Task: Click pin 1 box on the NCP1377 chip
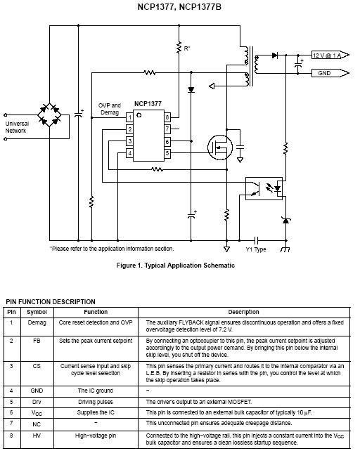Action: (x=129, y=117)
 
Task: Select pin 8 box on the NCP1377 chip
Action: (x=167, y=117)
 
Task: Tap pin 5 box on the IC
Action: (x=167, y=153)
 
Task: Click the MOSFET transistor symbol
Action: (x=220, y=148)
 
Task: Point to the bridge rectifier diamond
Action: (x=49, y=115)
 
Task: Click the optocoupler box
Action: (x=264, y=188)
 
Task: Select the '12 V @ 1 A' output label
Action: (x=327, y=55)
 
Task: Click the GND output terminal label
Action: (x=324, y=73)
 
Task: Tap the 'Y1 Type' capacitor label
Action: (x=256, y=249)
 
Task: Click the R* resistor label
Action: (x=187, y=48)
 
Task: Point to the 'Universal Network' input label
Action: (x=17, y=127)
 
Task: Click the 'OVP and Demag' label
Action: (x=110, y=109)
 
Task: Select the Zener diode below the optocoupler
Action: (x=285, y=221)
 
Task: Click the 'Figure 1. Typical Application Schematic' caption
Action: (x=176, y=266)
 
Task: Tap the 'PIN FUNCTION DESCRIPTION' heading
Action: (x=51, y=302)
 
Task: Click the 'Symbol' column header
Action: (x=37, y=312)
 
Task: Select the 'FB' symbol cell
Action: (x=37, y=341)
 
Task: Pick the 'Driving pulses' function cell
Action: (x=96, y=402)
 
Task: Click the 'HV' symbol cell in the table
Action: (x=37, y=436)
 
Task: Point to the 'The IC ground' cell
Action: (x=96, y=391)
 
